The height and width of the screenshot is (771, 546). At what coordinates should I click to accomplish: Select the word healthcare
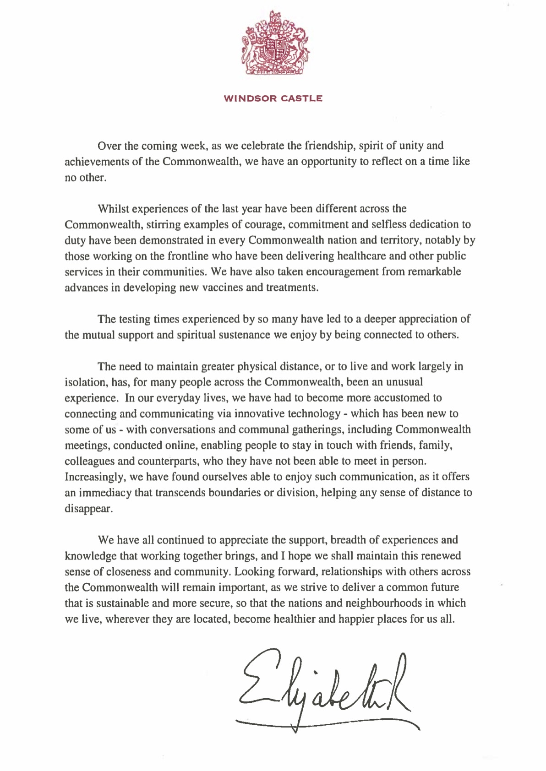pyautogui.click(x=361, y=256)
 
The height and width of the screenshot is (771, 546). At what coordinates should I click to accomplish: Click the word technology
pyautogui.click(x=314, y=414)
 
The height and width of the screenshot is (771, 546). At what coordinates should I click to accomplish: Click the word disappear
pyautogui.click(x=88, y=509)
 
